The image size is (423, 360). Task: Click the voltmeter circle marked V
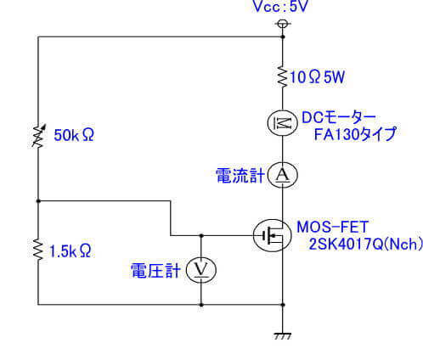point(201,269)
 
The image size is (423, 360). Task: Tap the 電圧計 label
point(155,269)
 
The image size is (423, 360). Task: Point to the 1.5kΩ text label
point(71,251)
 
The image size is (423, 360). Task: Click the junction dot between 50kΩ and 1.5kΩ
point(38,201)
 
